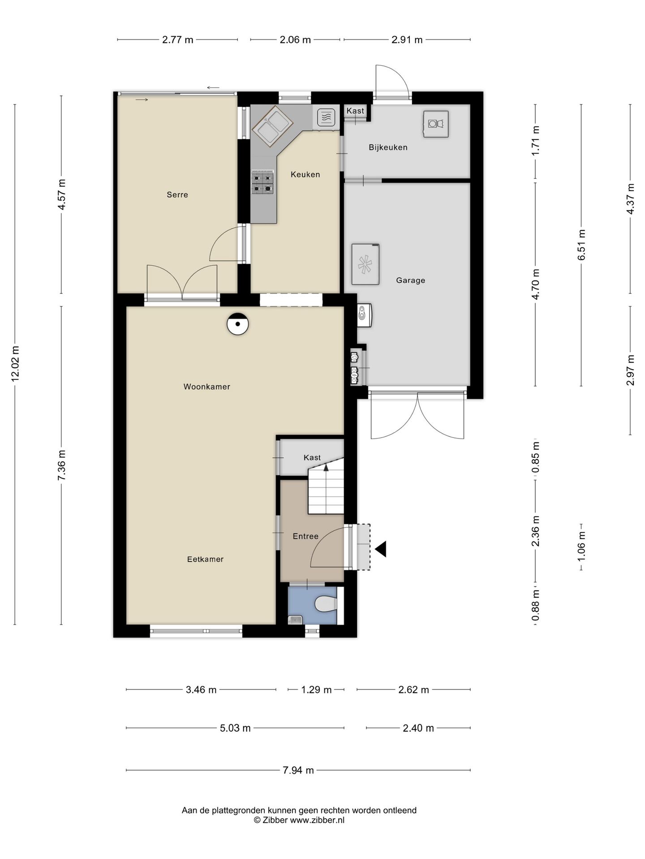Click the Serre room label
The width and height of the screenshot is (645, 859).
pos(177,195)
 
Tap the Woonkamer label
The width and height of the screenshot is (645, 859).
pos(207,387)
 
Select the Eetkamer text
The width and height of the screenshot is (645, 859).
pos(205,559)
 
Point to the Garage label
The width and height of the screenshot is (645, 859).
pos(410,281)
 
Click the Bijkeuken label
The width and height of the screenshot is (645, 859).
pos(388,148)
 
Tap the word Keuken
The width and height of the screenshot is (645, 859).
pos(305,174)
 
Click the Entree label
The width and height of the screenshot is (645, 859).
pos(305,536)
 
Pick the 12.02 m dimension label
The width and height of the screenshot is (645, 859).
pos(15,364)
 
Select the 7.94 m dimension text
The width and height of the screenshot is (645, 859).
pos(299,770)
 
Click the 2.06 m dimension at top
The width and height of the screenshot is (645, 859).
pos(295,40)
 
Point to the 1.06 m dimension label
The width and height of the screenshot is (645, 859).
pos(581,546)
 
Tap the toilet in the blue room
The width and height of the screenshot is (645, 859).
pos(326,605)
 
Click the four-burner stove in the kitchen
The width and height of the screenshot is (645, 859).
pos(262,182)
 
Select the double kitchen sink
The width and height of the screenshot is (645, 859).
pos(273,126)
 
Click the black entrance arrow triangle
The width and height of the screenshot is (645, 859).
pos(381,549)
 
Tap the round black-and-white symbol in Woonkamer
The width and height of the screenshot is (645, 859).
pos(237,323)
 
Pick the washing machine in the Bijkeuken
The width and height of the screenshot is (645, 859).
pos(436,123)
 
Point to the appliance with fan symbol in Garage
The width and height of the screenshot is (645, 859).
pos(365,264)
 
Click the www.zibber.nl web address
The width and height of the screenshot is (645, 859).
pos(317,820)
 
